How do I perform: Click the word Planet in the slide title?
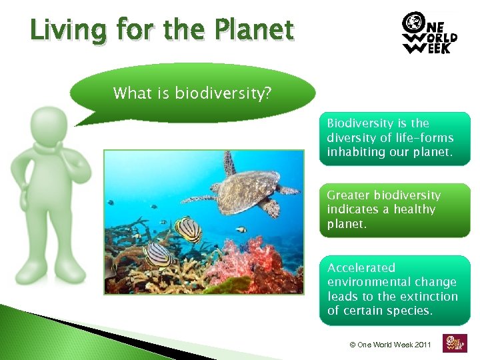[x=256, y=30]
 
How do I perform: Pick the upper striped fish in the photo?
[x=187, y=229]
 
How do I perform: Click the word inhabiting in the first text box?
[x=352, y=152]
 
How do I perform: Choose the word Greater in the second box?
[x=348, y=195]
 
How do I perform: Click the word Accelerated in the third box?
[x=361, y=268]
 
